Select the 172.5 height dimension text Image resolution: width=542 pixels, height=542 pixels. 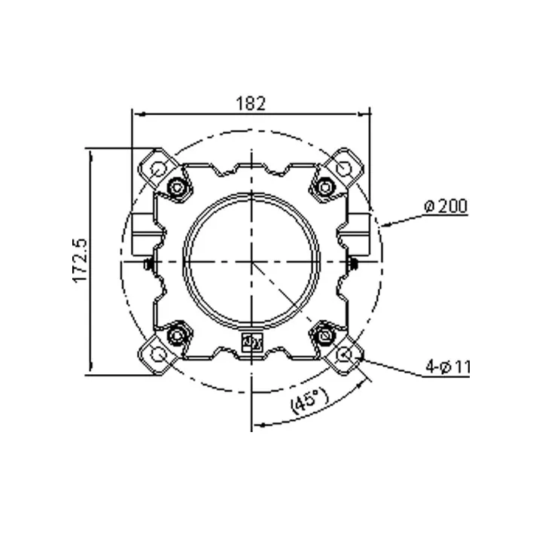point(81,260)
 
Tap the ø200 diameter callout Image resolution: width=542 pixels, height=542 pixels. point(446,206)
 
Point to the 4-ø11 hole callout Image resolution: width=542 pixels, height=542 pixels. point(446,367)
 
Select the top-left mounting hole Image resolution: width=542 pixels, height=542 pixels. point(157,168)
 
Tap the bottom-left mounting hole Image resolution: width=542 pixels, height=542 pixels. point(157,354)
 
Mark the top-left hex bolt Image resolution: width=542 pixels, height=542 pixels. point(178,187)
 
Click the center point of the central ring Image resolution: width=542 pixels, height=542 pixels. point(251,260)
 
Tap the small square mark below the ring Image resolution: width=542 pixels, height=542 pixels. point(251,343)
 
